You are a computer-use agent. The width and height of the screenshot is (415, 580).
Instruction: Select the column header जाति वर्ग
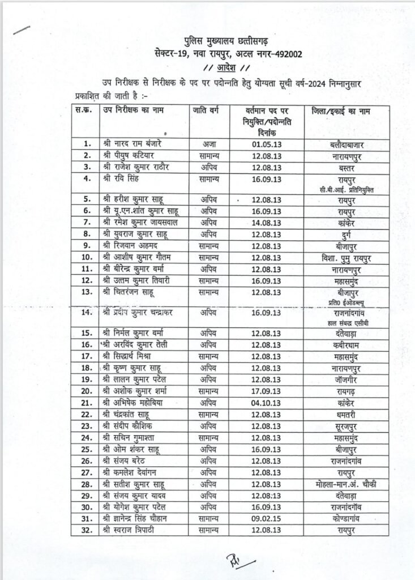coord(211,109)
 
